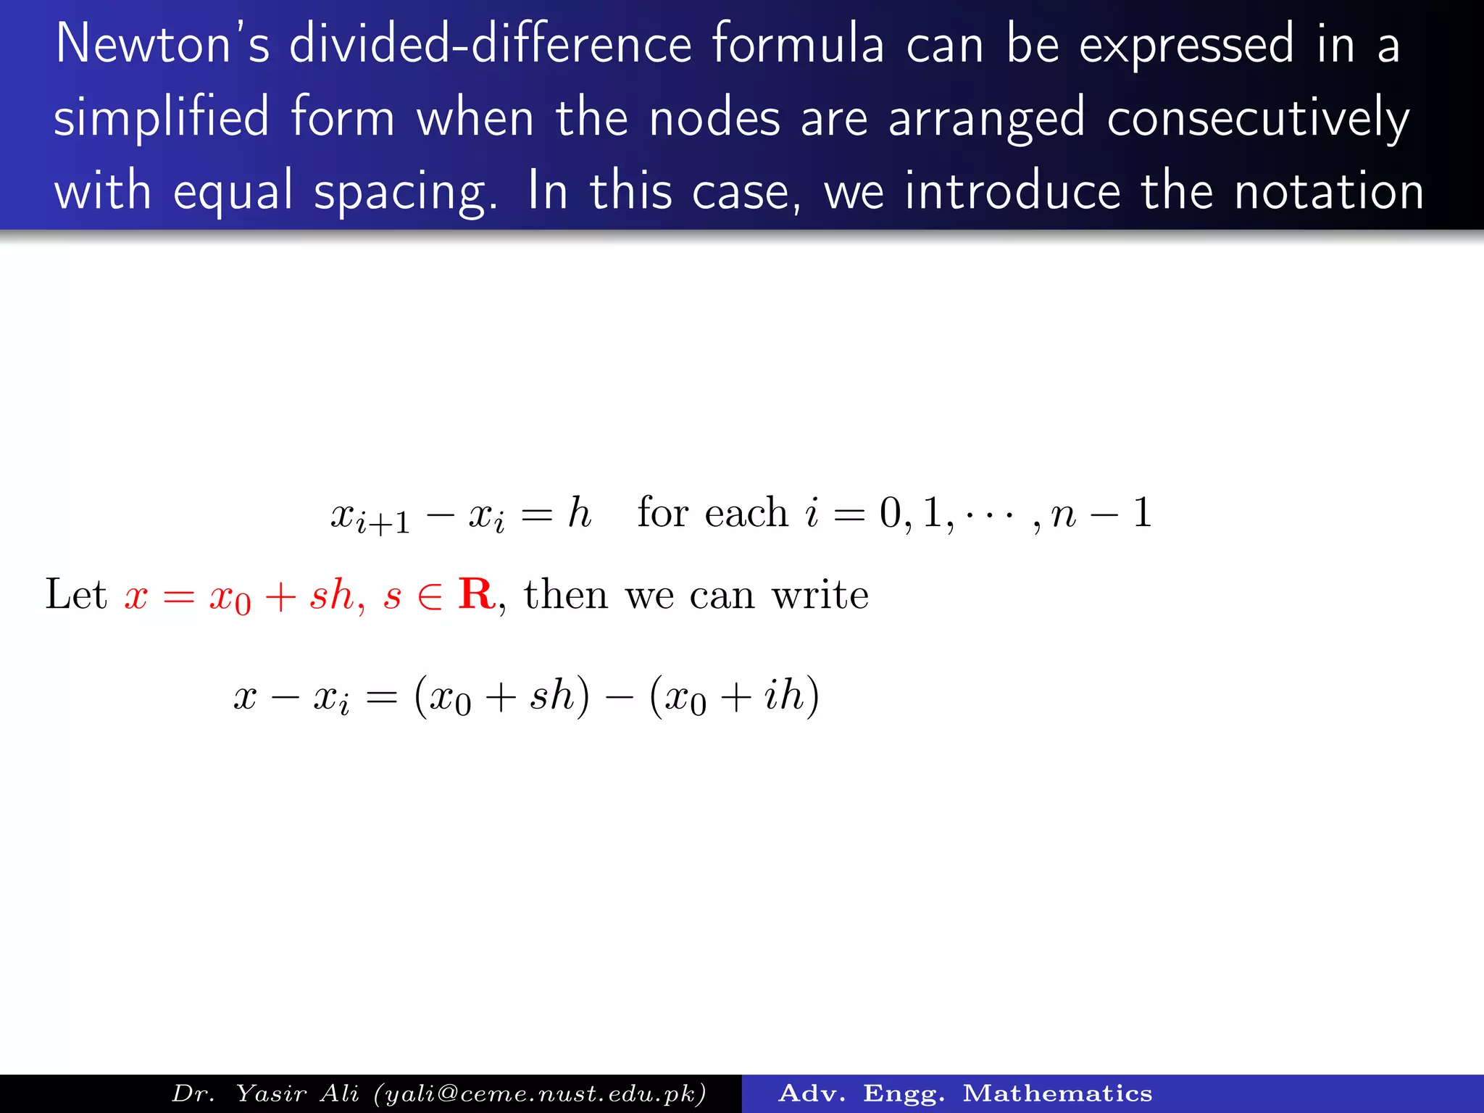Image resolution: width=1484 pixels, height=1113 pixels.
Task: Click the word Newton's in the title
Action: (x=162, y=45)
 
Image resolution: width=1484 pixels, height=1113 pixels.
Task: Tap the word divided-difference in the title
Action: (x=491, y=45)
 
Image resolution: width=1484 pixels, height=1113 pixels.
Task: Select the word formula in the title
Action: (x=798, y=45)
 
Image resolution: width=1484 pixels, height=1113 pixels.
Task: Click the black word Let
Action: (x=75, y=595)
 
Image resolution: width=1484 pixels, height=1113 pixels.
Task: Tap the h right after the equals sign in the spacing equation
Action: (x=580, y=513)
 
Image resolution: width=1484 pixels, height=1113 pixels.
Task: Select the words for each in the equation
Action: (x=712, y=513)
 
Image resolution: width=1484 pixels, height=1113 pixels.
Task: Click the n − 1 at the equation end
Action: (x=1101, y=513)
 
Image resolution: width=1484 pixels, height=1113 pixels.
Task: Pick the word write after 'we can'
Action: (x=820, y=596)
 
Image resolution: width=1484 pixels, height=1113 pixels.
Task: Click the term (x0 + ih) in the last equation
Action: (x=735, y=696)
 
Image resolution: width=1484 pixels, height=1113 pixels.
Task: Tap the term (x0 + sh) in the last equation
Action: (x=501, y=696)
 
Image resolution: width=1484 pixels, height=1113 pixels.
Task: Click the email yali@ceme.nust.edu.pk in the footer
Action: (x=540, y=1093)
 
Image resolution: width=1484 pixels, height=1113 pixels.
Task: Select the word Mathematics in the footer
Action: (x=1057, y=1093)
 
